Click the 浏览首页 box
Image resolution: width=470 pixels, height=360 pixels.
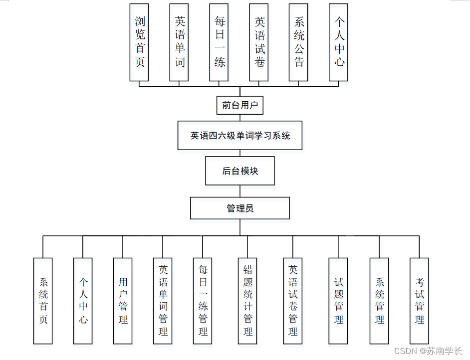139,42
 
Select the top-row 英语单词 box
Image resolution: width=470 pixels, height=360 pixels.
179,42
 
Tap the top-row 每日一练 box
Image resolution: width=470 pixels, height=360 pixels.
219,42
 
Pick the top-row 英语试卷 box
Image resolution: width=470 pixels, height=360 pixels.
259,42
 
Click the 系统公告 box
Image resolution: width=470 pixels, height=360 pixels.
298,42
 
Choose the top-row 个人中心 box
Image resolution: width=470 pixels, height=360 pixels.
339,42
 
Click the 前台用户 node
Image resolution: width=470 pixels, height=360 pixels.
240,105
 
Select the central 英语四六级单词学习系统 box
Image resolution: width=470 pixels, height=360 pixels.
240,135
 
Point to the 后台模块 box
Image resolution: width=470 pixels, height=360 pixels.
240,171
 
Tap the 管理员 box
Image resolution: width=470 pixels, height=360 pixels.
240,208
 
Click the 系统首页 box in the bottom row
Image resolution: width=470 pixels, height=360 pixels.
43,301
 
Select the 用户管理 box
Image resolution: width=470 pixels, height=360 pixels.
123,301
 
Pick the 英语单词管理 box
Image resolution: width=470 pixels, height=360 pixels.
163,301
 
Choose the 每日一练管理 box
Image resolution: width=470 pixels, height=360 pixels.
203,301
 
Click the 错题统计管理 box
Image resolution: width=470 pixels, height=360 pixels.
247,301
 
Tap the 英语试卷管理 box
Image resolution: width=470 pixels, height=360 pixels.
293,301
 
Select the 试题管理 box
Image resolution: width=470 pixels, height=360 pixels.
338,301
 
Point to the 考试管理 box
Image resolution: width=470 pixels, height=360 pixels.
419,301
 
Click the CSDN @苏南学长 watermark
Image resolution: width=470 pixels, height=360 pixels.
428,351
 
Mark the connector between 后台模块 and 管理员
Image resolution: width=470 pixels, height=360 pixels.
240,191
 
